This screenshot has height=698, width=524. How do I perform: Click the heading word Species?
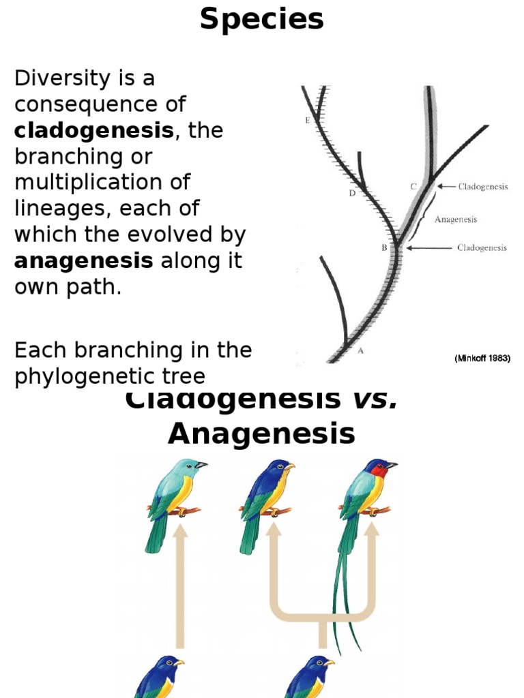(x=262, y=20)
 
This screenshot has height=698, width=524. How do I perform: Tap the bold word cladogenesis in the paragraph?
(x=94, y=131)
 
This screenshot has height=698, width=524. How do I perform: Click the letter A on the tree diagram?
(x=360, y=351)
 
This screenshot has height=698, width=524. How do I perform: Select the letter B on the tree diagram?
(x=384, y=248)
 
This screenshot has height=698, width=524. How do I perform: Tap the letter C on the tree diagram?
(x=413, y=186)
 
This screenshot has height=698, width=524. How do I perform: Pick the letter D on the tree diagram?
(x=352, y=193)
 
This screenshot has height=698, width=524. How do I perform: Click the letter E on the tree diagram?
(x=307, y=121)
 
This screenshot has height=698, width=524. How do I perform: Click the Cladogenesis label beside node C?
(x=483, y=187)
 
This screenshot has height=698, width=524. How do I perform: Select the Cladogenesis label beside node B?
(x=482, y=248)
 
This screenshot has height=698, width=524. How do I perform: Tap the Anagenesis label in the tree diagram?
(x=456, y=219)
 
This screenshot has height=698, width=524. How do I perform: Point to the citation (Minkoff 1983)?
(x=482, y=358)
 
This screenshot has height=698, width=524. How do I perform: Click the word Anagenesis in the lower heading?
(x=261, y=434)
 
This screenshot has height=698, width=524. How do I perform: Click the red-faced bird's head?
(x=377, y=469)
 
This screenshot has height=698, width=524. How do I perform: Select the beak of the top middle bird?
(x=290, y=467)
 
